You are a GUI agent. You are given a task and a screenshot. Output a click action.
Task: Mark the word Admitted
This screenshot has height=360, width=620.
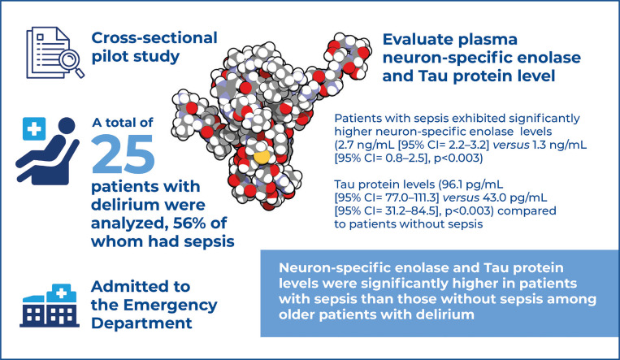(x=133, y=286)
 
